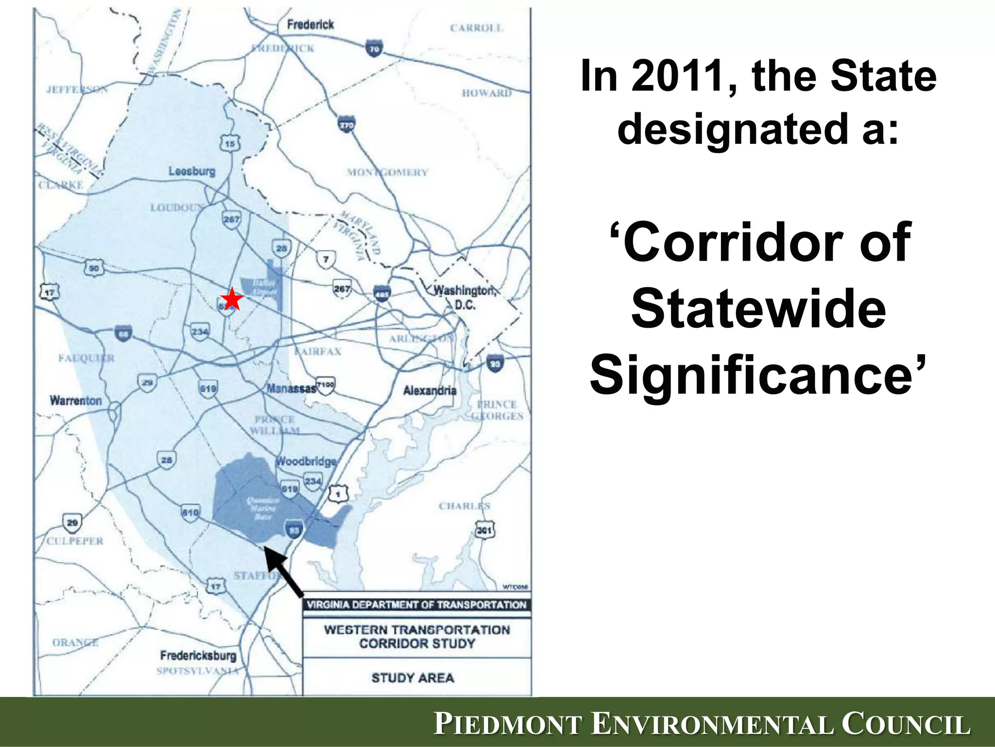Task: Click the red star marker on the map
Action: [232, 299]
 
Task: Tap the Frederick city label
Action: [310, 24]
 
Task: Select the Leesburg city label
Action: [192, 171]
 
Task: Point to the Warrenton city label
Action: [76, 401]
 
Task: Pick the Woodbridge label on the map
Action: [306, 461]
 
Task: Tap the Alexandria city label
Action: [430, 391]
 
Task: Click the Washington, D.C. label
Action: [464, 297]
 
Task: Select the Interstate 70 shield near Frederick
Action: [374, 49]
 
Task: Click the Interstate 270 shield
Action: [346, 124]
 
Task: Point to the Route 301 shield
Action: [484, 530]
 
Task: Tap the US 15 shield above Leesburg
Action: [230, 143]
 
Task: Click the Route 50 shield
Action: [94, 268]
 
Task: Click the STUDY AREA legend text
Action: [412, 677]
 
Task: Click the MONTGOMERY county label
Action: [387, 172]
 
